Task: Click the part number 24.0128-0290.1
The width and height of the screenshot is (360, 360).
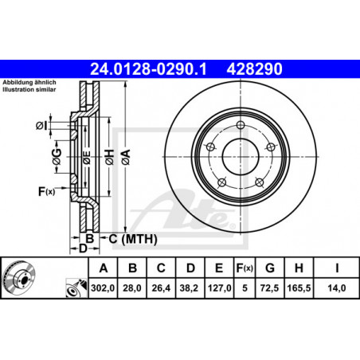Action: click(148, 69)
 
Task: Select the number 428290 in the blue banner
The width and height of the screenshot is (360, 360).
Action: click(254, 69)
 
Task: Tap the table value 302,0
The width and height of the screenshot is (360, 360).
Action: click(103, 288)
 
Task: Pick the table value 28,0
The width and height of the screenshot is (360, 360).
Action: click(132, 288)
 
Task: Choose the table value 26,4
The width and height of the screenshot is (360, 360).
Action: click(161, 288)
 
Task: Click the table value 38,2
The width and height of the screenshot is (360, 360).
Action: click(189, 288)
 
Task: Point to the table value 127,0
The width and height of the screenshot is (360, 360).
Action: click(220, 288)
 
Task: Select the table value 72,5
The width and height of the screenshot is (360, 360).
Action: click(269, 288)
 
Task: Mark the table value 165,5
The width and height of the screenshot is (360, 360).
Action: click(299, 288)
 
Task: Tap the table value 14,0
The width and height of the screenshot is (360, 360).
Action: click(337, 288)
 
